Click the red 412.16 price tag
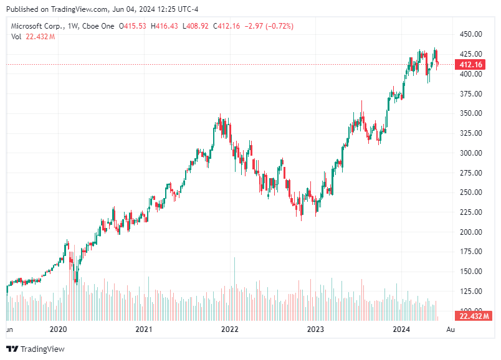471,65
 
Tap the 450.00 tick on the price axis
471,34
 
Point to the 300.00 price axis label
471,153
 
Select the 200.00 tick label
471,232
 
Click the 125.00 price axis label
471,291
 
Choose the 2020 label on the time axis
58,329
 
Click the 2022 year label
230,329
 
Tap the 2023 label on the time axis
316,329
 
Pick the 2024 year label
402,329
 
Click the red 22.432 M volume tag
472,316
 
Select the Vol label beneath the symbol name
16,37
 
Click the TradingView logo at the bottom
36,349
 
